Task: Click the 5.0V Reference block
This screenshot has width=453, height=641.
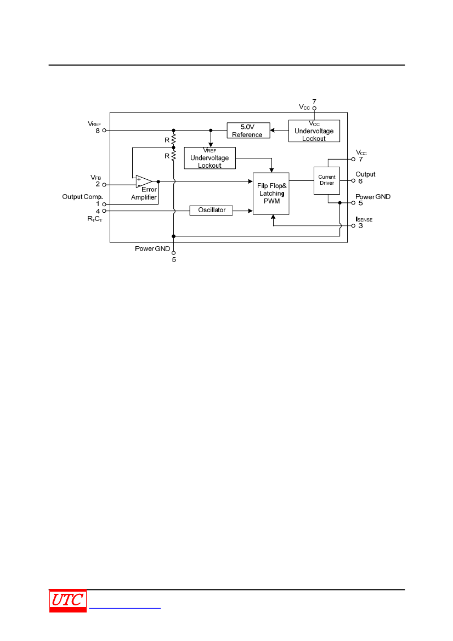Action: point(247,131)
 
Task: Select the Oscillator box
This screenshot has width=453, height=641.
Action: point(211,210)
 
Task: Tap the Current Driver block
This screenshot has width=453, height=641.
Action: point(327,180)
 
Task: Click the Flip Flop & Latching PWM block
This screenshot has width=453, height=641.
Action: point(271,194)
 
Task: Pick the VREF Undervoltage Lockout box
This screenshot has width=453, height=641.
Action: point(209,158)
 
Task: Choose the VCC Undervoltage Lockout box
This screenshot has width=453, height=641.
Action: point(314,131)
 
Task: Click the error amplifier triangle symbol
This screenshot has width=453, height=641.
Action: point(144,181)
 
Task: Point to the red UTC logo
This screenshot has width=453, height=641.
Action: point(68,600)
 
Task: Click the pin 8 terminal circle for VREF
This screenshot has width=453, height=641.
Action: point(104,131)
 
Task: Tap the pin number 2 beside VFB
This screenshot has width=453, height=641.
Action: point(98,184)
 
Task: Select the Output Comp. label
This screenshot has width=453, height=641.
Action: point(82,197)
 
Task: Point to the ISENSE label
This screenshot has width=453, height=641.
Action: point(364,219)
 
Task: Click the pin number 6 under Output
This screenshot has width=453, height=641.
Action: point(360,181)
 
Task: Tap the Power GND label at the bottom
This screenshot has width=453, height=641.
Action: point(152,248)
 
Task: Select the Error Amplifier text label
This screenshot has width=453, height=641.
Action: point(144,194)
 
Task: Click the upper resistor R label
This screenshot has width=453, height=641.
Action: point(167,140)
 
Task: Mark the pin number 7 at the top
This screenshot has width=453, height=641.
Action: point(314,101)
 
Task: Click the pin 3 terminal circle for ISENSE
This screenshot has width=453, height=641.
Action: point(353,225)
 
